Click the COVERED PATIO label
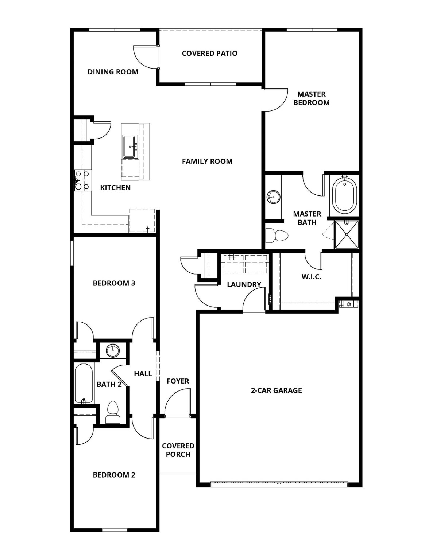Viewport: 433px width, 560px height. point(209,54)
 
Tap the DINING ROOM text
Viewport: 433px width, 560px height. point(113,72)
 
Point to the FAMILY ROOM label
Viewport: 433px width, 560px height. point(207,161)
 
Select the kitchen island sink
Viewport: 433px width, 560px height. point(130,146)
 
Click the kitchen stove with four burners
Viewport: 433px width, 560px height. point(82,180)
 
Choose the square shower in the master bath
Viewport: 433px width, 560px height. point(347,234)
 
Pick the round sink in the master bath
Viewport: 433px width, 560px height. point(273,197)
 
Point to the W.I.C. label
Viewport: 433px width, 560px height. point(311,277)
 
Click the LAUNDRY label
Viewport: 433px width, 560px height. point(244,284)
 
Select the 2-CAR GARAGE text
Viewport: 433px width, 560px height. point(276,390)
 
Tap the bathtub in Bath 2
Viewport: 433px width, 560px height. point(84,383)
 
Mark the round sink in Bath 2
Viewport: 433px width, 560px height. point(113,351)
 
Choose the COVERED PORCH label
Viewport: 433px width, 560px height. point(178,450)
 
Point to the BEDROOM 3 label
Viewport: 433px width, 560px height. point(114,283)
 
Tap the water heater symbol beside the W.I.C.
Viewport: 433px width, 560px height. point(348,304)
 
